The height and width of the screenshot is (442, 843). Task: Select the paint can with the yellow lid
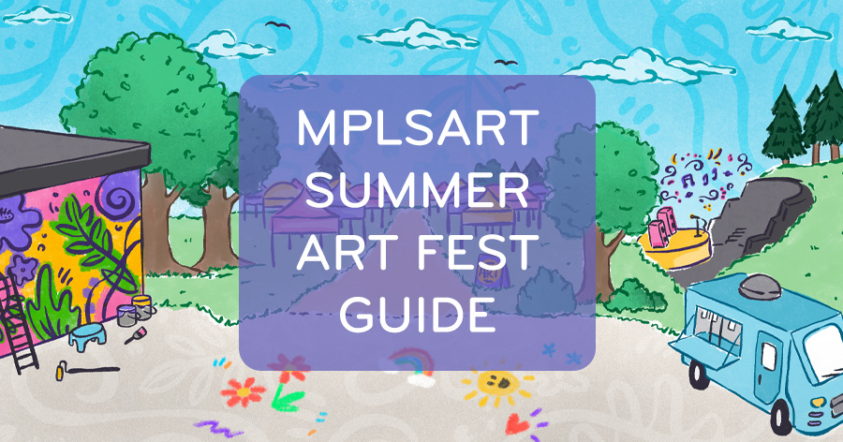tap(141, 306)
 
